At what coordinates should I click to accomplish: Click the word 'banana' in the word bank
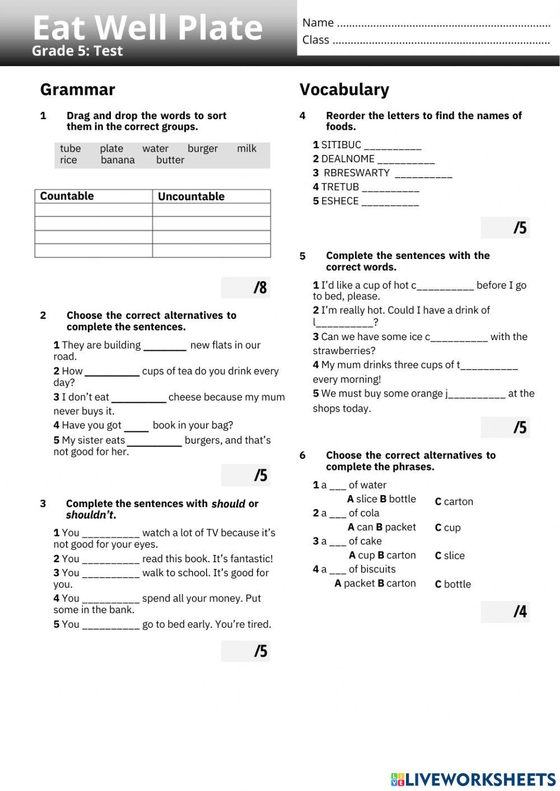(118, 160)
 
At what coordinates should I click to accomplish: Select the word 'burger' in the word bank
(203, 148)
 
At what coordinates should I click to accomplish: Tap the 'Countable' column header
(67, 196)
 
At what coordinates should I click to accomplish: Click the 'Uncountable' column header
(191, 196)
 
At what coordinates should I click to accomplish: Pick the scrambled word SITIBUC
(341, 145)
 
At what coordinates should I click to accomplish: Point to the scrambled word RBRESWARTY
(356, 173)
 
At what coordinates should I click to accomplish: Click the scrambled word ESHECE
(339, 201)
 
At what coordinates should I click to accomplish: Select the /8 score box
(246, 288)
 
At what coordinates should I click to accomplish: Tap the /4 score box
(505, 611)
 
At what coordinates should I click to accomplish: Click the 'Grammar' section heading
(78, 90)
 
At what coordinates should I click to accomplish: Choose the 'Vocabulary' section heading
(344, 90)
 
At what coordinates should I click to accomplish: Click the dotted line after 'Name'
(444, 24)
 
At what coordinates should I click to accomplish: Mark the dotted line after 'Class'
(441, 41)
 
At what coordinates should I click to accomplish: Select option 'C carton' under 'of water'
(454, 502)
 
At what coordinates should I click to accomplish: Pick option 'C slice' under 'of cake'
(450, 555)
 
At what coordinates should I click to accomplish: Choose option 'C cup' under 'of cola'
(448, 528)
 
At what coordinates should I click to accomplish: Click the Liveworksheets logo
(473, 779)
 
